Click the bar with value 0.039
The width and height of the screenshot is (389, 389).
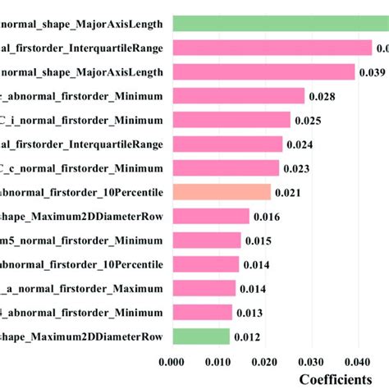(x=263, y=72)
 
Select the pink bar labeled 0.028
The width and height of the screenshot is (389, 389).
(x=237, y=97)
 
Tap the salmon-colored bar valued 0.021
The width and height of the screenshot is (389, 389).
(x=221, y=192)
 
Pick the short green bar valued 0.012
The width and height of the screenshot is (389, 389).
(x=200, y=336)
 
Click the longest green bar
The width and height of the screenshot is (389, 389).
(x=279, y=24)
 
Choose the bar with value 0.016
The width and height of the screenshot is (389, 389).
(x=210, y=217)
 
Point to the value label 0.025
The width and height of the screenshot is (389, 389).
(x=308, y=121)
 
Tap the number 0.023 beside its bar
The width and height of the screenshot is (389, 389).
(x=296, y=169)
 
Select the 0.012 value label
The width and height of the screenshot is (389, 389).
(x=247, y=337)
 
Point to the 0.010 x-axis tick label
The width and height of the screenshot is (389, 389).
(x=217, y=361)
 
